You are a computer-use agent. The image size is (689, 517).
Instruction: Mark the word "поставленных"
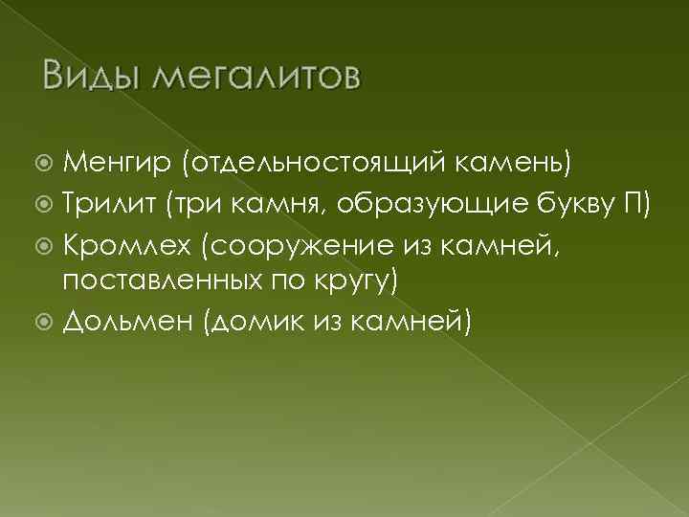[166, 282]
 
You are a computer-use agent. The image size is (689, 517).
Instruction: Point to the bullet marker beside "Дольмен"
[46, 324]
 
